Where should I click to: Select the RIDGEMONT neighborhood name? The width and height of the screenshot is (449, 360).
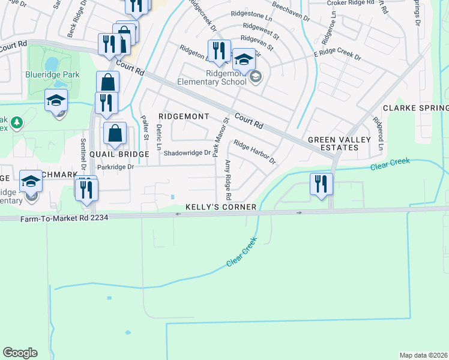184,116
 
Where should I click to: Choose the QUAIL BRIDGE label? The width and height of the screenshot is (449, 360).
119,154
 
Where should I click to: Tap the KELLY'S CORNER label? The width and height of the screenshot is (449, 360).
221,207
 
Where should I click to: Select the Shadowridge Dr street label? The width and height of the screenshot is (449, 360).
187,153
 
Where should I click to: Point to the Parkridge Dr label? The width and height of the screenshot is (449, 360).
113,167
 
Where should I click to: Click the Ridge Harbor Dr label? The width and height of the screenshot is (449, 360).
255,152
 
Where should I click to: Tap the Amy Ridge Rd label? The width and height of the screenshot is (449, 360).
228,180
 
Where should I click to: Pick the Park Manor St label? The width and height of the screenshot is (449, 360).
218,137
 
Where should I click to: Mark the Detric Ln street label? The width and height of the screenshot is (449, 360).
159,137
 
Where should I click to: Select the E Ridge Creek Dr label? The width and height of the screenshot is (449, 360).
337,56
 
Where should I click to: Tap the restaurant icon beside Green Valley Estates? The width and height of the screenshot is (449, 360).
321,183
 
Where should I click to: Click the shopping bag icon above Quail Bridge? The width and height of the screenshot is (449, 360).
114,133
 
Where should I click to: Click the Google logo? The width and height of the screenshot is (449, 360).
20,353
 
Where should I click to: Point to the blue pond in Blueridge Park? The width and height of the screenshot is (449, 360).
52,63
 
